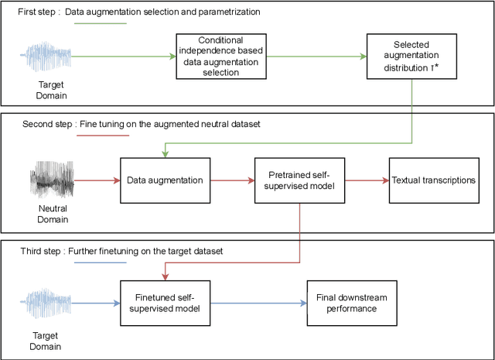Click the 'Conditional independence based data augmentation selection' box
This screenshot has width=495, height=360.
point(220,56)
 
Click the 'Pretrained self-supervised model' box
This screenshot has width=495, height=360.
point(299,180)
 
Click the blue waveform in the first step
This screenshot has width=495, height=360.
point(53,56)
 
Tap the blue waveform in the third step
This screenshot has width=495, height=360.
point(53,303)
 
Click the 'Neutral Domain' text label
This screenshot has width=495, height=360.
point(53,214)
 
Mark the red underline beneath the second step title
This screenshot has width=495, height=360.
point(104,135)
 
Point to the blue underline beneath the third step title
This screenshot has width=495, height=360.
point(99,262)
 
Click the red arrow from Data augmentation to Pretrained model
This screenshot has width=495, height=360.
point(230,180)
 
